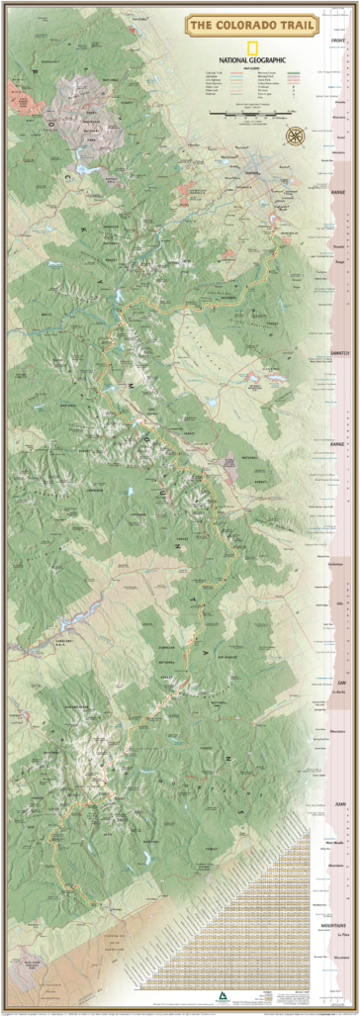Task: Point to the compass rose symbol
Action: [x=294, y=136]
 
